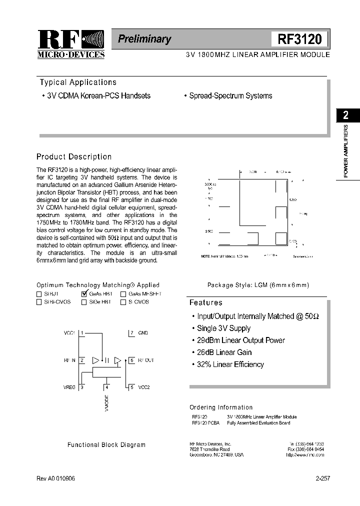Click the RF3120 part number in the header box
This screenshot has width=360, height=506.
pos(300,39)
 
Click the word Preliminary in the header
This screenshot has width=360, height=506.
pos(144,39)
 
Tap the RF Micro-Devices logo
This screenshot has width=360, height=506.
pos(71,44)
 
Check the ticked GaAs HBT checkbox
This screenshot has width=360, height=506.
pos(84,294)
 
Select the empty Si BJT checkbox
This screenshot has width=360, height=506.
pos(39,294)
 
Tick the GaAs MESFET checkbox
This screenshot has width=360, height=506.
pos(123,294)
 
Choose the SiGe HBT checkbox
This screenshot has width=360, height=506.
pos(84,302)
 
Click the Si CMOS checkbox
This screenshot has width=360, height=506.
pos(123,302)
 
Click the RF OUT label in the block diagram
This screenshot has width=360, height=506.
pos(146,360)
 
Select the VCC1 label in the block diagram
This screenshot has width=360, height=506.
pos(69,332)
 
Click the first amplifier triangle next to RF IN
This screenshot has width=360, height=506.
pos(96,360)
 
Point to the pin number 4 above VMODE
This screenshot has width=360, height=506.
pos(106,386)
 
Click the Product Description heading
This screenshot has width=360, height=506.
pos(74,156)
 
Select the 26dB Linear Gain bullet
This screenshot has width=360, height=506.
pos(224,352)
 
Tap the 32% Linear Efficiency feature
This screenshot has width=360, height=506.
pos(230,364)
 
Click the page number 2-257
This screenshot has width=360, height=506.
pos(322,478)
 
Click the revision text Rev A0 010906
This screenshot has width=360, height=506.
pos(56,478)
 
